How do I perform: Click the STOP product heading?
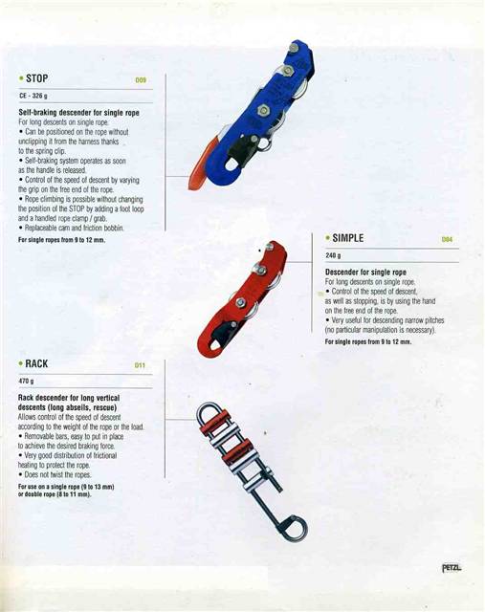[38, 77]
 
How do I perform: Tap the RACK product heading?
[38, 364]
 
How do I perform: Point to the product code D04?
[447, 240]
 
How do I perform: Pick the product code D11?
[140, 366]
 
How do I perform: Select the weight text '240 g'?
[333, 256]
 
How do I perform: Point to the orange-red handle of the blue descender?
[198, 171]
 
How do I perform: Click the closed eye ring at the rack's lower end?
[293, 528]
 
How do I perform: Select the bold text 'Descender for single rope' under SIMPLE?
[365, 273]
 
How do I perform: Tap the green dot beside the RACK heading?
[20, 365]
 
